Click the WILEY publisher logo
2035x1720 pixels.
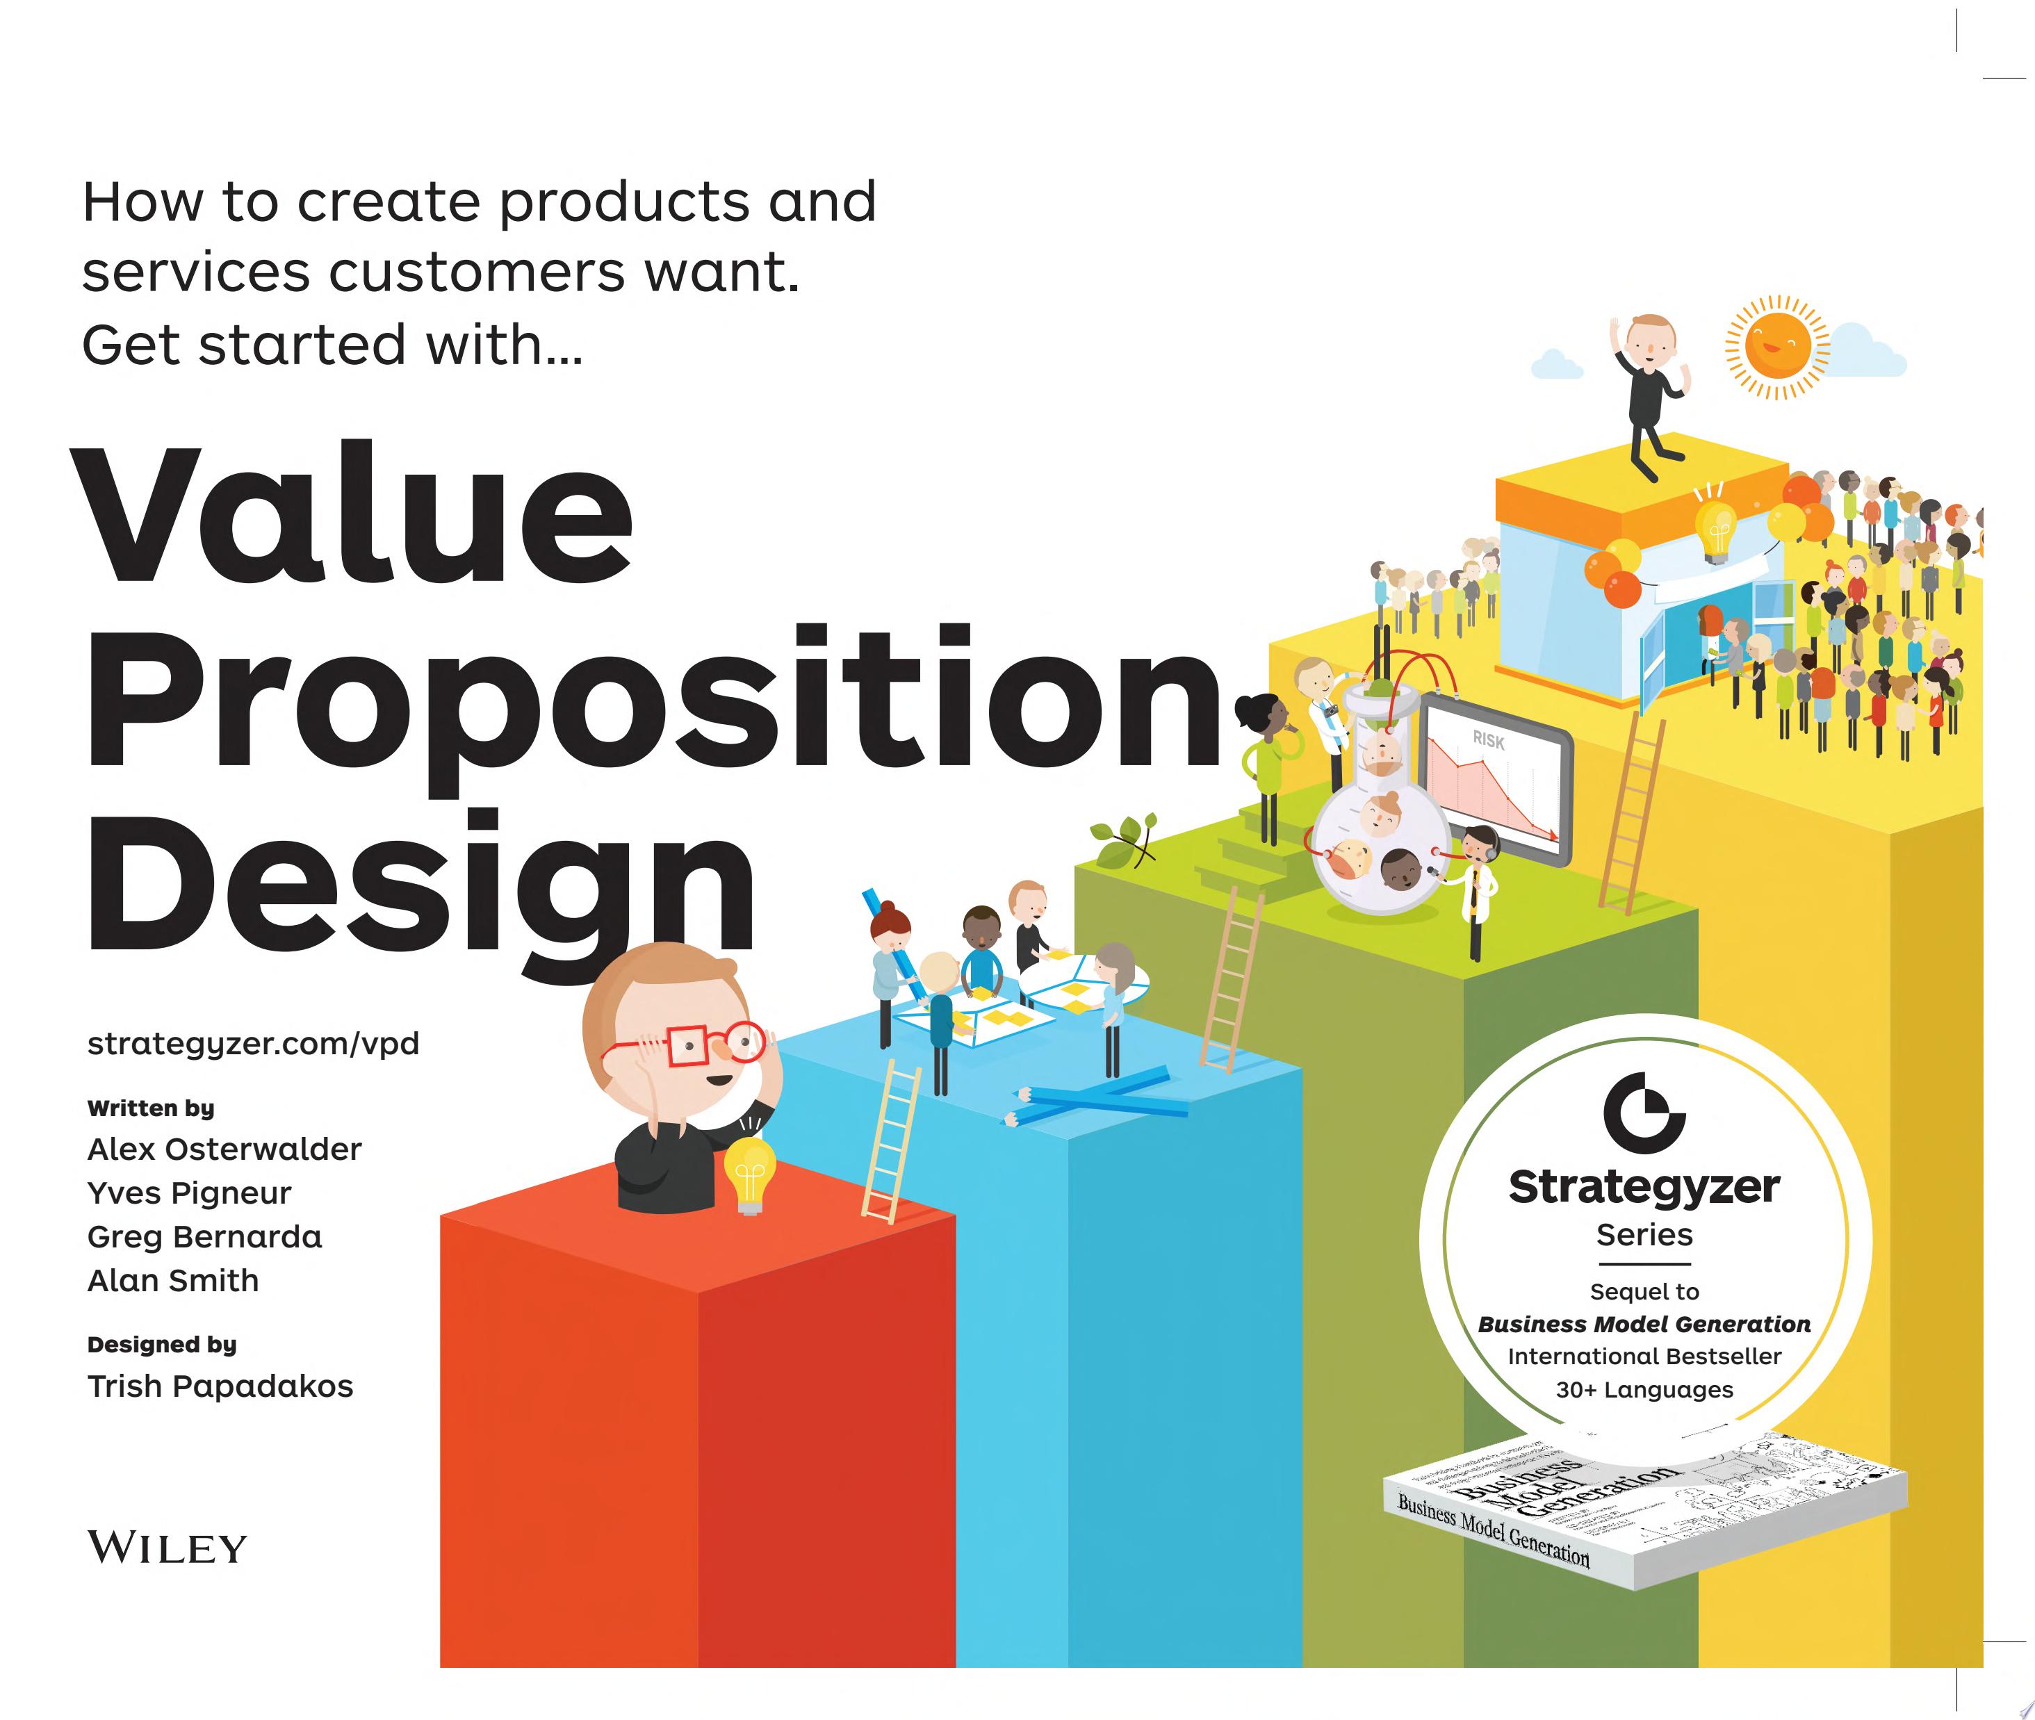tap(167, 1548)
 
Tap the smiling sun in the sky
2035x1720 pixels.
tap(1778, 347)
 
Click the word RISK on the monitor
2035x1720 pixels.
tap(1488, 740)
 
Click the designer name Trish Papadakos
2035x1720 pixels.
tap(220, 1386)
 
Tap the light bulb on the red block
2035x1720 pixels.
tap(749, 1175)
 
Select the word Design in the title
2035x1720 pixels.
tap(419, 883)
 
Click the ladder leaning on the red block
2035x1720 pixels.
tap(890, 1141)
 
